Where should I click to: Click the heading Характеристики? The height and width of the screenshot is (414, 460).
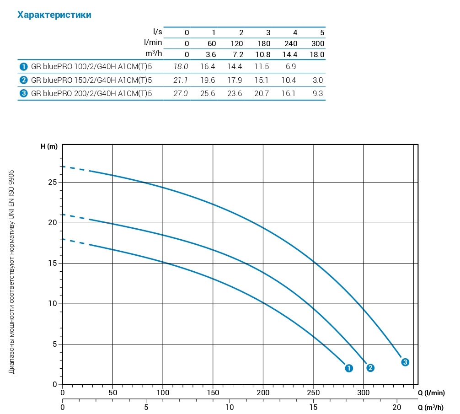pyautogui.click(x=54, y=15)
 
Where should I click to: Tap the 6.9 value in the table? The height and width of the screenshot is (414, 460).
pyautogui.click(x=291, y=67)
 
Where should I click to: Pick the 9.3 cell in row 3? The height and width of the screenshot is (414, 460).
pyautogui.click(x=318, y=94)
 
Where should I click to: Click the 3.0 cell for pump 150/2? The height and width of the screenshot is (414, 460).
pyautogui.click(x=318, y=81)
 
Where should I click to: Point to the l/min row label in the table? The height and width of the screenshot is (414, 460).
pyautogui.click(x=153, y=43)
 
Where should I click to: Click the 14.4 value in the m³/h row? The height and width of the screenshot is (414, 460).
pyautogui.click(x=291, y=54)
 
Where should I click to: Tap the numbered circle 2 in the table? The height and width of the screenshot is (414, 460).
pyautogui.click(x=23, y=81)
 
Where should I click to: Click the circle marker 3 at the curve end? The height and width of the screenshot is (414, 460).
pyautogui.click(x=405, y=362)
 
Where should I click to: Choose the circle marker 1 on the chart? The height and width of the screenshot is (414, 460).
pyautogui.click(x=349, y=368)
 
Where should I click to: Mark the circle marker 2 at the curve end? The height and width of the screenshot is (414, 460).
pyautogui.click(x=370, y=368)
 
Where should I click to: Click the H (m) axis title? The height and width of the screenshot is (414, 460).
pyautogui.click(x=49, y=147)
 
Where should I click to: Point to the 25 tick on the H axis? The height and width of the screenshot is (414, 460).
pyautogui.click(x=53, y=183)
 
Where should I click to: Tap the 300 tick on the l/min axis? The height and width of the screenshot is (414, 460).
pyautogui.click(x=363, y=392)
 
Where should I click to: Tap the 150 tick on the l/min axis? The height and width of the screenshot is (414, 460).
pyautogui.click(x=213, y=392)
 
